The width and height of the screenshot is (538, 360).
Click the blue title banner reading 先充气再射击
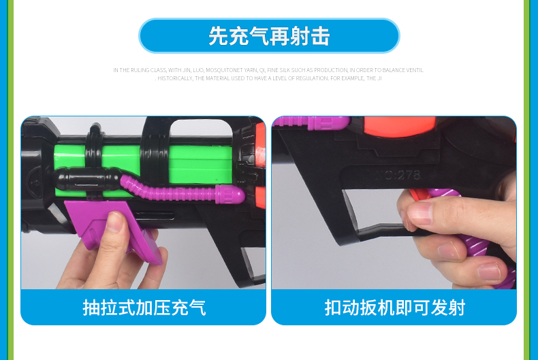(x=269, y=36)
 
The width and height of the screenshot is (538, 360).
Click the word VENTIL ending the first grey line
(x=414, y=70)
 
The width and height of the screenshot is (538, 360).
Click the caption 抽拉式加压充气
(x=144, y=308)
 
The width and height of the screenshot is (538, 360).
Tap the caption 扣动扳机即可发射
(x=394, y=308)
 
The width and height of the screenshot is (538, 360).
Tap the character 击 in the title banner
(x=320, y=36)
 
